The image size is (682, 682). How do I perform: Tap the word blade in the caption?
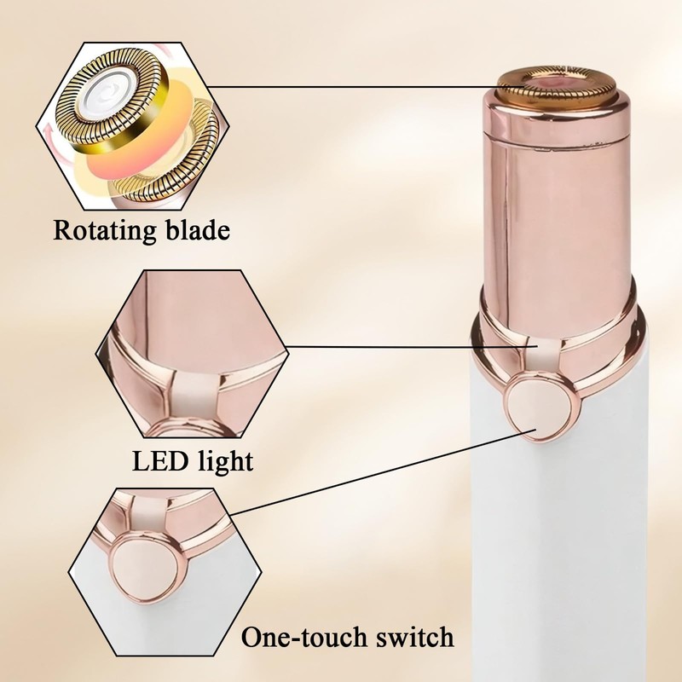(x=199, y=231)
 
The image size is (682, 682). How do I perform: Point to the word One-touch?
(x=301, y=637)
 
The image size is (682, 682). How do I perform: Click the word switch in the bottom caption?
(x=413, y=637)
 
